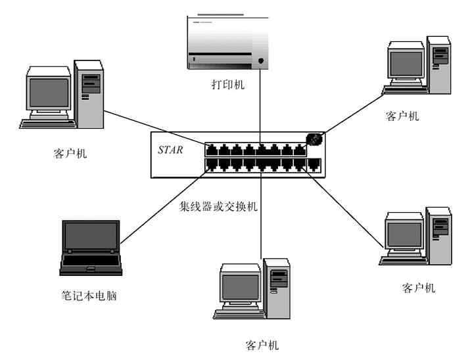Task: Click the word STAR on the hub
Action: (170, 150)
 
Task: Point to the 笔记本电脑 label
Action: (88, 295)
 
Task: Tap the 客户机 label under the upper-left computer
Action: (70, 154)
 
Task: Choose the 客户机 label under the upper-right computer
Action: (402, 116)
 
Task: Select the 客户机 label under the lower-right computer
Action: (418, 288)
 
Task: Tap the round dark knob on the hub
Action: (314, 139)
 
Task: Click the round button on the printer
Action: (261, 61)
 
